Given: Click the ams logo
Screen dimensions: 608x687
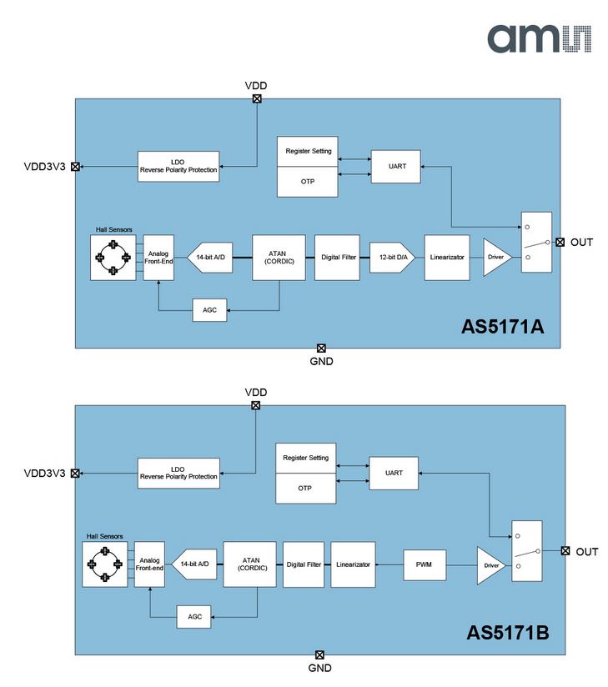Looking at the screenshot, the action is tap(539, 38).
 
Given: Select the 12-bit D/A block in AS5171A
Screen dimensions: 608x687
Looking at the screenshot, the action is tap(392, 257).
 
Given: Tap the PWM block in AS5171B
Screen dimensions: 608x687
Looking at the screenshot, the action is tap(425, 564).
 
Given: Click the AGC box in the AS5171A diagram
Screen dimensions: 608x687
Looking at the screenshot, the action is tap(209, 310).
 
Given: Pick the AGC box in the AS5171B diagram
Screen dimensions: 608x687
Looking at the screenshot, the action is tap(193, 617).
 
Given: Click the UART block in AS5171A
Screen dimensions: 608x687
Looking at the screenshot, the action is tap(396, 167).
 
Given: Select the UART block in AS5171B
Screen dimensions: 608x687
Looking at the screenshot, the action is tap(394, 474).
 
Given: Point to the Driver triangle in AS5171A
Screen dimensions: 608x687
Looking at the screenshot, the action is tap(495, 257).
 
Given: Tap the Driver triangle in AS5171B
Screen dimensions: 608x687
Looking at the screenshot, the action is tap(490, 565).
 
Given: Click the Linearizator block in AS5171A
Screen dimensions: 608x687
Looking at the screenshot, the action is tap(447, 257).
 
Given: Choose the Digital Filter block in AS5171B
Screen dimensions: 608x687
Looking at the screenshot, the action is tap(304, 564).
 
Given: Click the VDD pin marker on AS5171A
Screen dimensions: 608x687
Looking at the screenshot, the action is tap(257, 98).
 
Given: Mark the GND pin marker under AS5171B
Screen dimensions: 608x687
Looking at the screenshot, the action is tap(319, 655).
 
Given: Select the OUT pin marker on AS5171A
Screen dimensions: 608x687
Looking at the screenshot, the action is tap(560, 243).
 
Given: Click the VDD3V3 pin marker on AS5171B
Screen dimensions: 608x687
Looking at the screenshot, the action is tap(75, 474).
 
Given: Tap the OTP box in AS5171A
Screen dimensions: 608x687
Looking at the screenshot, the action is tap(307, 182).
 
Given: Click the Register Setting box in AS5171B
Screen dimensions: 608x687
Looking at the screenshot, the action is tap(305, 458).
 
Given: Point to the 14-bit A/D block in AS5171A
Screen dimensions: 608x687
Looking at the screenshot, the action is tap(210, 257).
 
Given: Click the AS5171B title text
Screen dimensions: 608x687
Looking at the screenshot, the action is tap(508, 633).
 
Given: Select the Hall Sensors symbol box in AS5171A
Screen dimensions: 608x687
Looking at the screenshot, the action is tap(113, 258).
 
